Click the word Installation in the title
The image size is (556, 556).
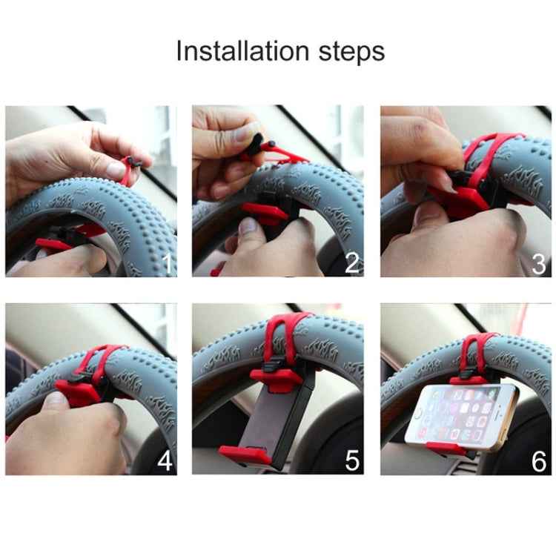[x=241, y=51]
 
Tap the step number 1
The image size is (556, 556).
[x=168, y=264]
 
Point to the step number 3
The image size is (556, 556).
[x=540, y=263]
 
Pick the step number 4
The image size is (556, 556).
[x=165, y=460]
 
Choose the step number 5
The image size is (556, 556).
[x=353, y=460]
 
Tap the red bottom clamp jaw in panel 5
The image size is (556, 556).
[x=245, y=454]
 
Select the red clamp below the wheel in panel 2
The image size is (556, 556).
[x=263, y=213]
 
